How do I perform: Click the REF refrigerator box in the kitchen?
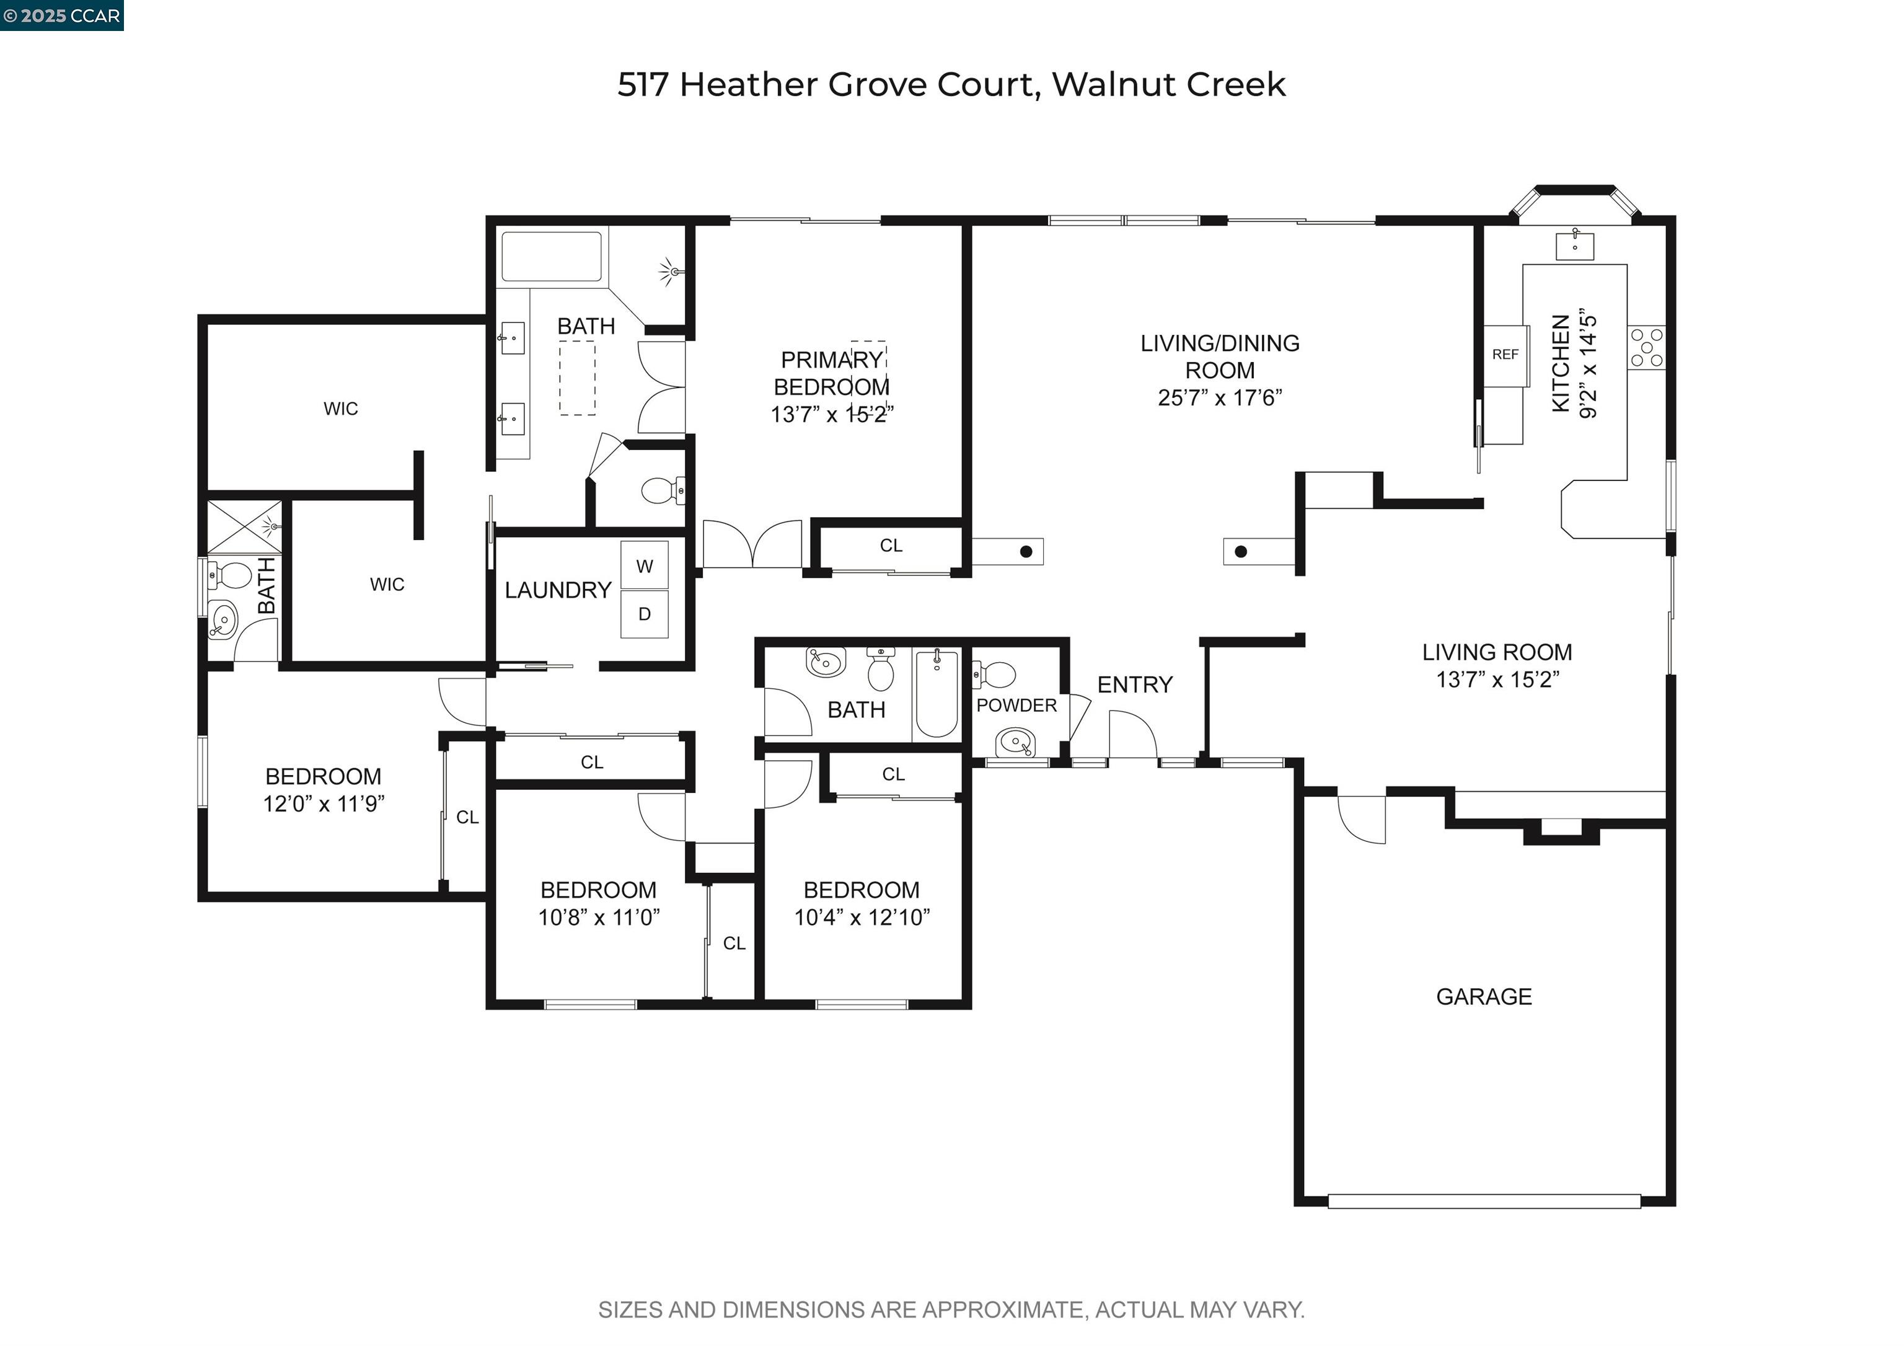[1504, 355]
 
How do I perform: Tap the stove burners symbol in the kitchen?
[1646, 347]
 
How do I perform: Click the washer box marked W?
[645, 567]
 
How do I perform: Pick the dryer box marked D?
[645, 614]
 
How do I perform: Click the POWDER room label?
[1016, 706]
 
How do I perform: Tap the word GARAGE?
[1484, 997]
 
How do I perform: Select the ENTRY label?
[1134, 685]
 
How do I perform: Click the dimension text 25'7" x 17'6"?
[1219, 398]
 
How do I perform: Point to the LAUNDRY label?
[557, 590]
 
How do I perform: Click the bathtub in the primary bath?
[552, 257]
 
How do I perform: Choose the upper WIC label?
[341, 409]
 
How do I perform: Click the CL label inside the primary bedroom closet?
[891, 546]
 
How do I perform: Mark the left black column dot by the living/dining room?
[1026, 552]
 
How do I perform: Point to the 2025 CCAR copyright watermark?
[62, 15]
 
